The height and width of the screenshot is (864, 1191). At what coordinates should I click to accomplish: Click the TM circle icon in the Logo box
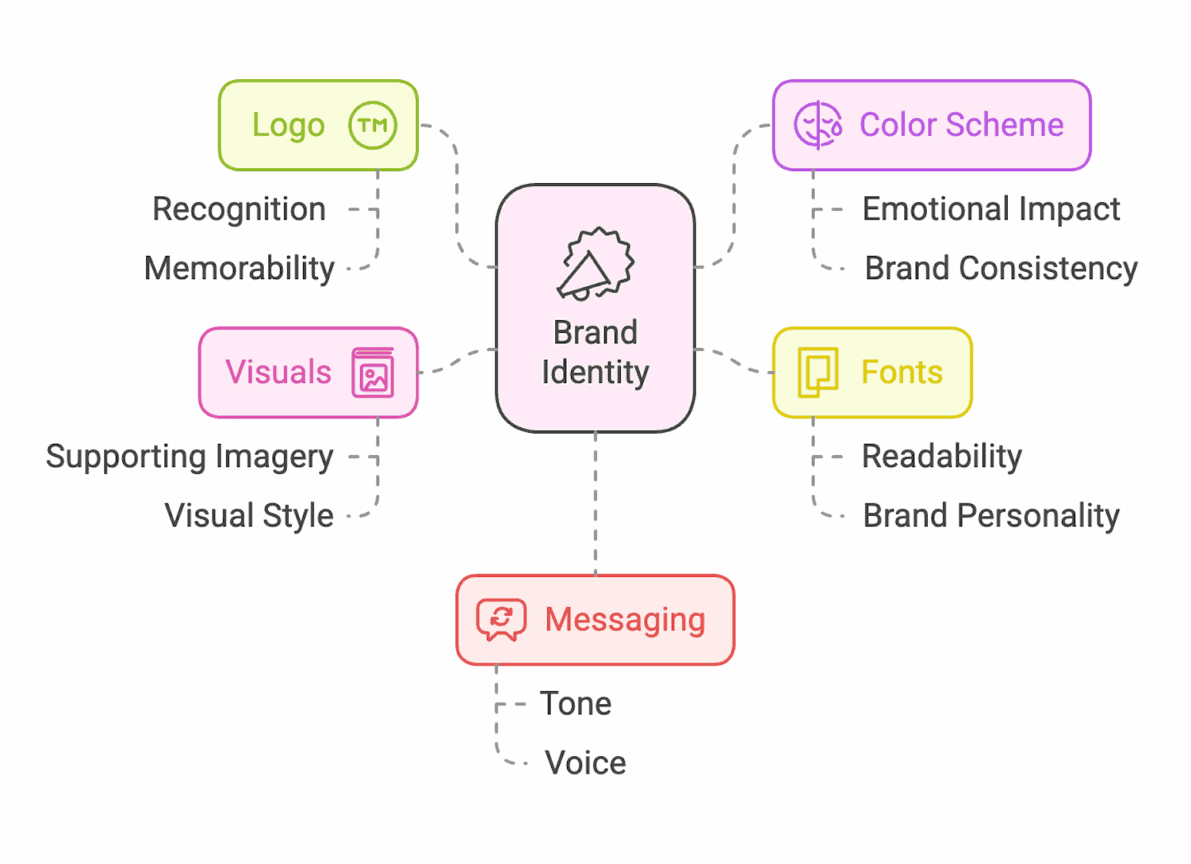click(373, 126)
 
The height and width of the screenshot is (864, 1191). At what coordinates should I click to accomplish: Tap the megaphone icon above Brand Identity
click(595, 265)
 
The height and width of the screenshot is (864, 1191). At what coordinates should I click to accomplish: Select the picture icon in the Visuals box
click(373, 373)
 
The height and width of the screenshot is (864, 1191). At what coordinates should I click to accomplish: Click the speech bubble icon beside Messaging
click(502, 620)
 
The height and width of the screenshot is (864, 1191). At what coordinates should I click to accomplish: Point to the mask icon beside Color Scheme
click(817, 126)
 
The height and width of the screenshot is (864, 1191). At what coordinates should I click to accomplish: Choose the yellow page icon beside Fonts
click(817, 373)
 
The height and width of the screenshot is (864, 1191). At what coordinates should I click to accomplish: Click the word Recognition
click(239, 210)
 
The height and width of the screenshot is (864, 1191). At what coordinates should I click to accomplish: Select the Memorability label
click(239, 269)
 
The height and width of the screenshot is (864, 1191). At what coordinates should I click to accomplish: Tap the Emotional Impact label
click(990, 210)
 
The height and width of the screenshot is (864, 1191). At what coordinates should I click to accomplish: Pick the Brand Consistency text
click(1001, 269)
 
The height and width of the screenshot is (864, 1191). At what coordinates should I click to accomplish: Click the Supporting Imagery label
click(190, 457)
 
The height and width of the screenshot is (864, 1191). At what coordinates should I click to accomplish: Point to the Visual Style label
click(249, 516)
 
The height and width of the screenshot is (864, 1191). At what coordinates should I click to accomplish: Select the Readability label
click(941, 457)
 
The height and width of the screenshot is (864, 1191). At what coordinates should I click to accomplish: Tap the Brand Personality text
click(991, 516)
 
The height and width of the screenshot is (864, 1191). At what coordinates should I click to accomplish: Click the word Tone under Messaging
click(576, 704)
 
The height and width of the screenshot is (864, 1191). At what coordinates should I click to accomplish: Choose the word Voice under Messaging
click(586, 763)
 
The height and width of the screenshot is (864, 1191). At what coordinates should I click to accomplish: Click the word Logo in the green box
click(288, 126)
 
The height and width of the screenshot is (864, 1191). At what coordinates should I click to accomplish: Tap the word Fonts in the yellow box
click(901, 373)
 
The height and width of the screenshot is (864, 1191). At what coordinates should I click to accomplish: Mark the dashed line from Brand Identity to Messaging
click(595, 504)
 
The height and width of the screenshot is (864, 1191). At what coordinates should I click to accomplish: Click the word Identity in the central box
click(595, 373)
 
